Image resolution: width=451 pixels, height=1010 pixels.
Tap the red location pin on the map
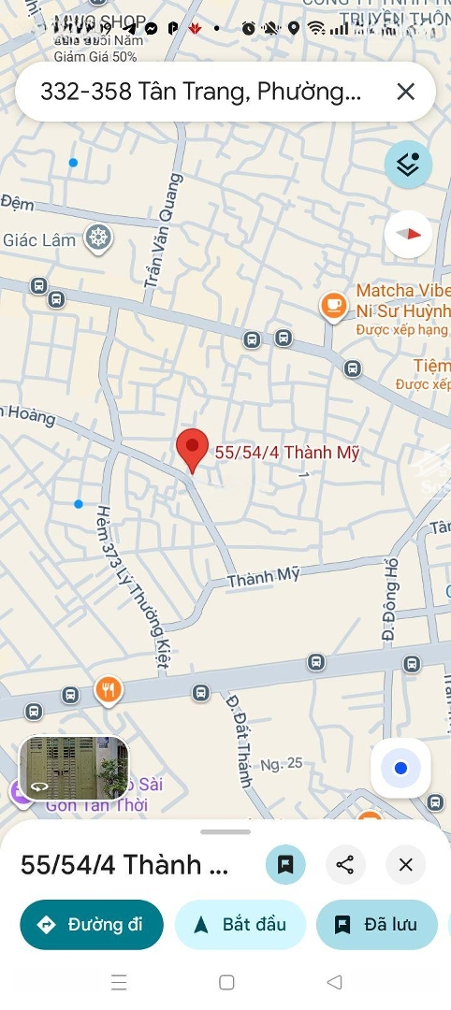[193, 448]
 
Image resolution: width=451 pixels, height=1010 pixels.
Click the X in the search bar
[405, 92]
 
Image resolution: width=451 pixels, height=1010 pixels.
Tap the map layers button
[408, 166]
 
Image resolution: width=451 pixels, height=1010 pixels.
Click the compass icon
[408, 234]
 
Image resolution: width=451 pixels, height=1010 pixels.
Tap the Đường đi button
[92, 925]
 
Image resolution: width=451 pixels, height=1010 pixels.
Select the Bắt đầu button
[240, 925]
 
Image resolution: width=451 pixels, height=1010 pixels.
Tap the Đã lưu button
[376, 925]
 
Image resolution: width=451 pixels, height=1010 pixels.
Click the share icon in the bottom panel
[345, 865]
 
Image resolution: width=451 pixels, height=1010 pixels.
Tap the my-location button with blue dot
[400, 769]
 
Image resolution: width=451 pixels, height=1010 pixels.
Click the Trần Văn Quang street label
[163, 238]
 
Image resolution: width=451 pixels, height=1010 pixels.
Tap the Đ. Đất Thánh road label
[239, 739]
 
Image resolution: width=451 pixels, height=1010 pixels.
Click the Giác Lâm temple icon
[97, 238]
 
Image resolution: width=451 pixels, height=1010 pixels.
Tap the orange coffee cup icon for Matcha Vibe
[334, 305]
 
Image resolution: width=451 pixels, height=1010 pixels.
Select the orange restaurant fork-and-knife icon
[109, 691]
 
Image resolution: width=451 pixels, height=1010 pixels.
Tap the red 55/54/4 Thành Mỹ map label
[287, 453]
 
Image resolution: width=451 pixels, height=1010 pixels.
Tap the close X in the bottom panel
[405, 865]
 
